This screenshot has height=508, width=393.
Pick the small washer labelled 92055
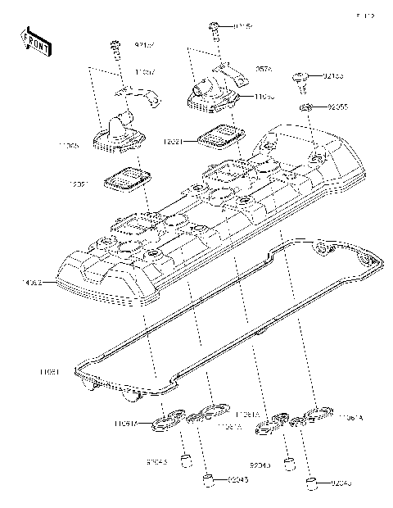click(305, 107)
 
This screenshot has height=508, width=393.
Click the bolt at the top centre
click(214, 29)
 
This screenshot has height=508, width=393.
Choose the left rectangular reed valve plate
click(124, 178)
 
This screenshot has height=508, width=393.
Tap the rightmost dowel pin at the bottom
click(311, 480)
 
